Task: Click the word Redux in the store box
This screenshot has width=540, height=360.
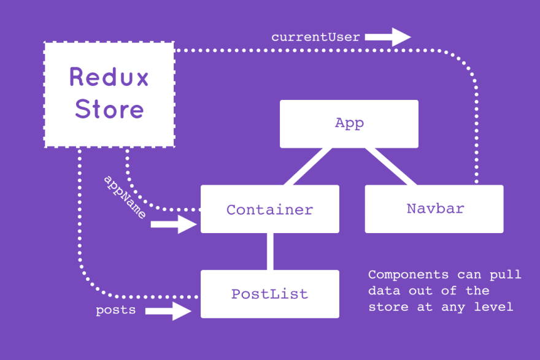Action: [x=109, y=77]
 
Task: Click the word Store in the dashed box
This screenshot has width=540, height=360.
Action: [x=109, y=110]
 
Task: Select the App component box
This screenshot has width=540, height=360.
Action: [x=349, y=123]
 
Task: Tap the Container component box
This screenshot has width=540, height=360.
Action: [x=270, y=209]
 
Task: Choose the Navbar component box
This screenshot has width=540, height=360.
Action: [x=434, y=209]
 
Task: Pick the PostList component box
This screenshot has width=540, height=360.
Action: [x=270, y=294]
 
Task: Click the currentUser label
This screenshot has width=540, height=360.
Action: [x=315, y=37]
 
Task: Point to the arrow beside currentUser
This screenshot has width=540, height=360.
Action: [x=388, y=37]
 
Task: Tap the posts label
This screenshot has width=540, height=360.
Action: [x=115, y=310]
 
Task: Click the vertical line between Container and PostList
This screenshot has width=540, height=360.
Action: [x=270, y=251]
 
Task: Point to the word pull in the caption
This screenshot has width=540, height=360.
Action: [x=507, y=274]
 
